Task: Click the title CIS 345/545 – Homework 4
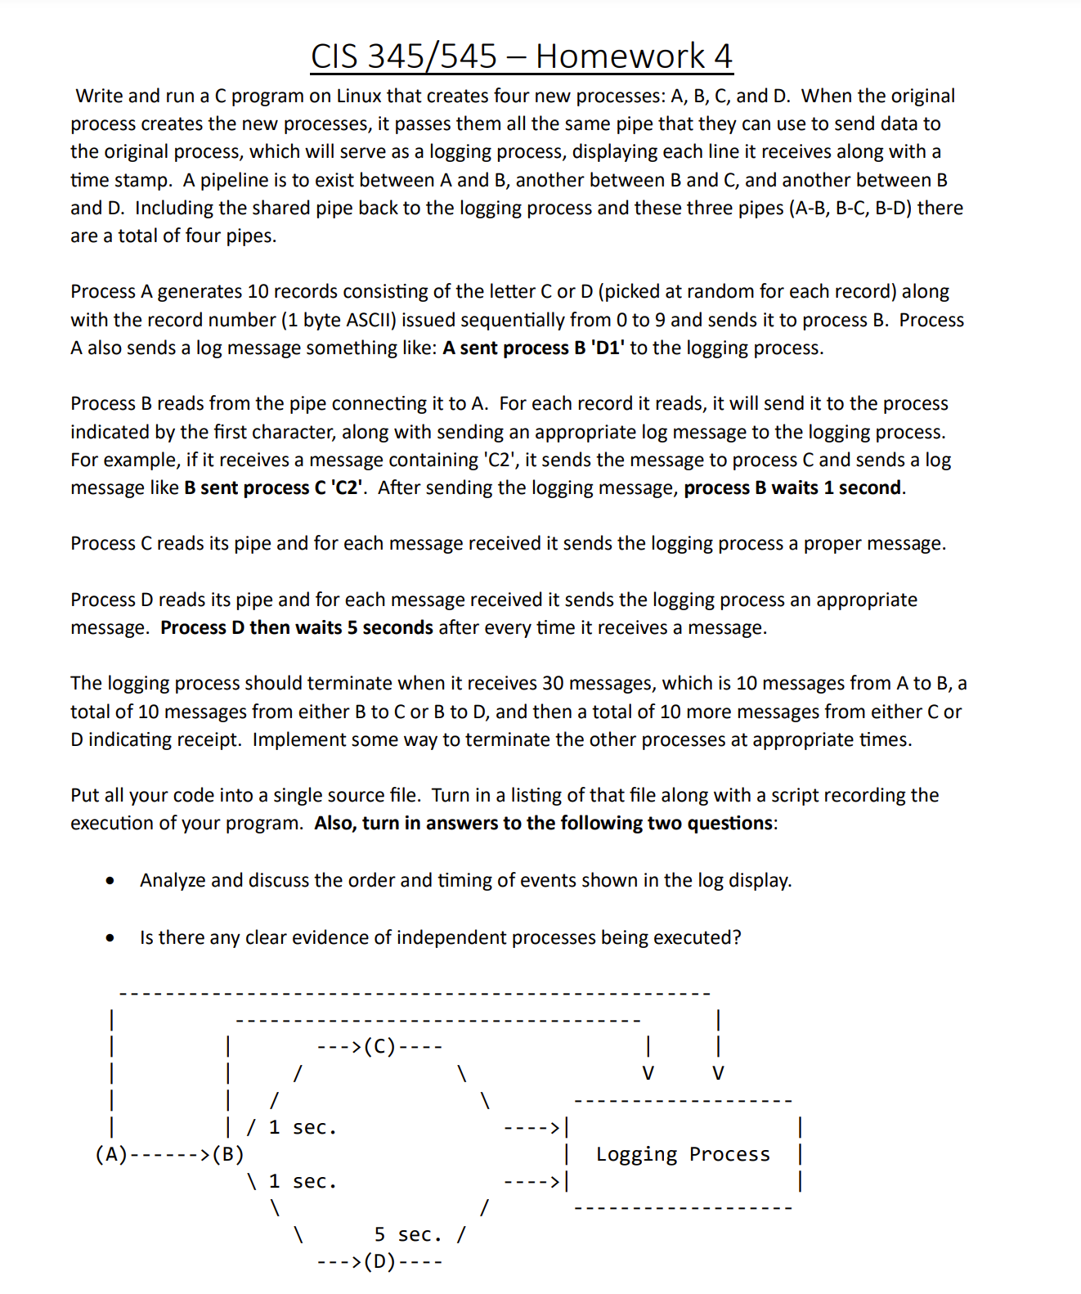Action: click(521, 56)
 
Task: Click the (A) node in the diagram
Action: click(111, 1154)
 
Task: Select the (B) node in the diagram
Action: click(228, 1154)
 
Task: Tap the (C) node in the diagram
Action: click(379, 1046)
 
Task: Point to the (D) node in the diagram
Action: click(379, 1261)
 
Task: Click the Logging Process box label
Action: click(683, 1154)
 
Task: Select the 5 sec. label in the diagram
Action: click(407, 1234)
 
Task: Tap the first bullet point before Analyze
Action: click(110, 881)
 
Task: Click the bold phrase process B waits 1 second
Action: click(792, 488)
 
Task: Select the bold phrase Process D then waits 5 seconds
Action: click(297, 628)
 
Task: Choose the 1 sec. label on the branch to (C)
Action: click(303, 1128)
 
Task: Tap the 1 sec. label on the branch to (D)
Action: click(303, 1182)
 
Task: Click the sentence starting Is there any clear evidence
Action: click(440, 937)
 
